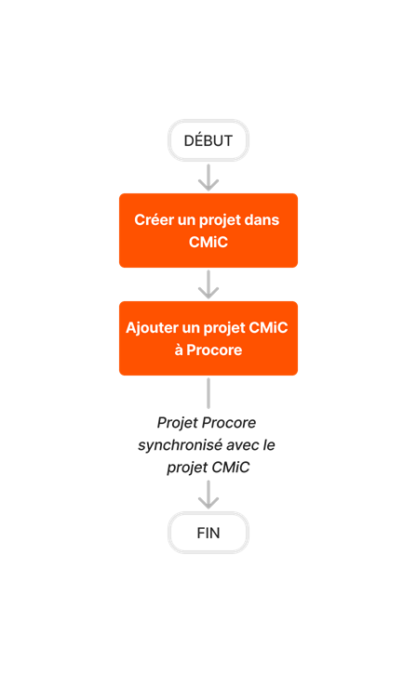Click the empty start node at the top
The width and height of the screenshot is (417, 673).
click(x=208, y=140)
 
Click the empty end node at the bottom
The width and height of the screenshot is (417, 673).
click(x=208, y=533)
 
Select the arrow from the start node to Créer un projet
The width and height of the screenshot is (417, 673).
click(x=208, y=177)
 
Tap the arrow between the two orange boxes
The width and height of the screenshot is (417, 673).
click(x=208, y=284)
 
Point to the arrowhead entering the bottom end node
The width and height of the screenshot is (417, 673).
click(x=208, y=501)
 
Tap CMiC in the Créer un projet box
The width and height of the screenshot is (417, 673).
click(x=208, y=242)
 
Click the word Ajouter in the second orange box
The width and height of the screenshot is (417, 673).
click(x=153, y=328)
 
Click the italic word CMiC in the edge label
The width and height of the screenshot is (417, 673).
click(x=231, y=468)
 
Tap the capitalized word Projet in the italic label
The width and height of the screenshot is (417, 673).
click(x=178, y=423)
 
